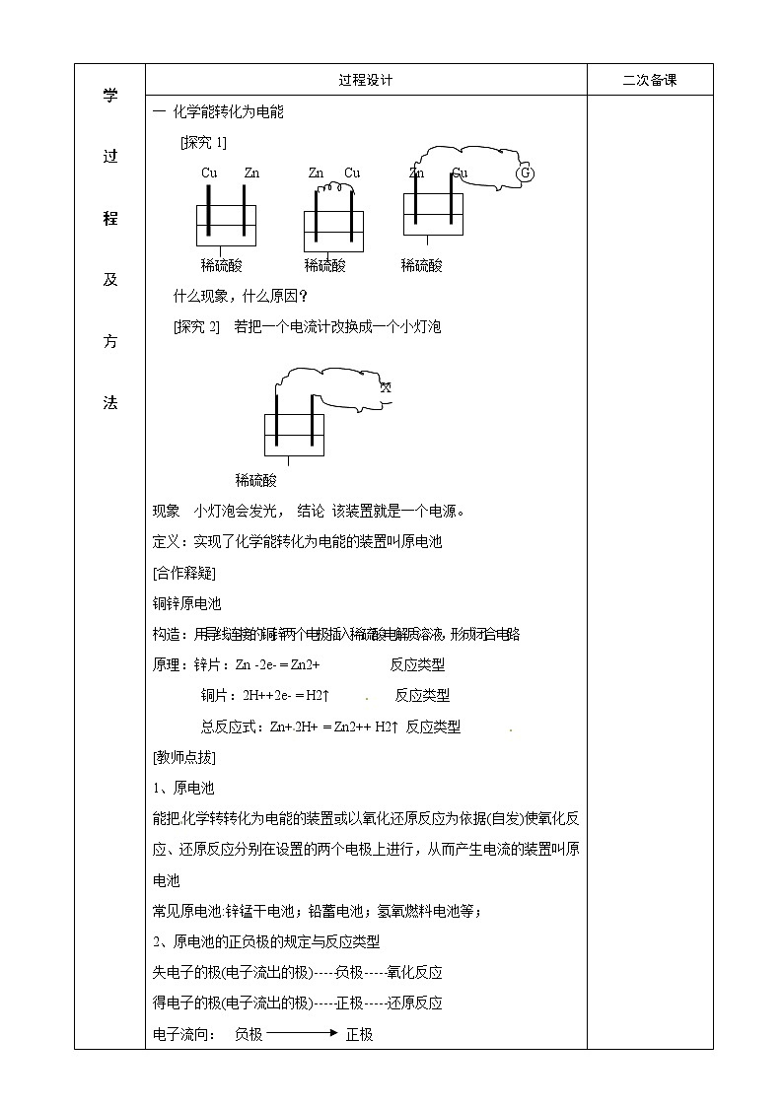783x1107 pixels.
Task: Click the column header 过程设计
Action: pyautogui.click(x=365, y=81)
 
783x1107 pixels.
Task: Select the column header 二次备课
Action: pyautogui.click(x=650, y=81)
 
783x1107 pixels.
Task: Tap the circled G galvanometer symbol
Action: pyautogui.click(x=525, y=173)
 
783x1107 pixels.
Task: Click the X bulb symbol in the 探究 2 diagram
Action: pyautogui.click(x=386, y=387)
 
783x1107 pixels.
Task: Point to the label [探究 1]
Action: pyautogui.click(x=204, y=142)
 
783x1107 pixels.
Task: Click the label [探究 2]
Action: pyautogui.click(x=195, y=326)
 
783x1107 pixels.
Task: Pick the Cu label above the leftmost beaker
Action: pyautogui.click(x=209, y=173)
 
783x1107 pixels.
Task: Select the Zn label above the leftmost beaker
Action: pyautogui.click(x=251, y=173)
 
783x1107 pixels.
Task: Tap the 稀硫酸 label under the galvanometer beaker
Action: pyautogui.click(x=422, y=265)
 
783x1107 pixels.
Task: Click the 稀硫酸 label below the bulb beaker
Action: pyautogui.click(x=256, y=481)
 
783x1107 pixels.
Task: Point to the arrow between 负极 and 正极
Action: pyautogui.click(x=301, y=1034)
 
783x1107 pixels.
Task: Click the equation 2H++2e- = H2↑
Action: pyautogui.click(x=286, y=696)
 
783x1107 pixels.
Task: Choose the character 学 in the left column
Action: pyautogui.click(x=110, y=96)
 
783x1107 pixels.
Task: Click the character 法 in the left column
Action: pyautogui.click(x=110, y=403)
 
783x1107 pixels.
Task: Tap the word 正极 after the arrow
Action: pyautogui.click(x=359, y=1034)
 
